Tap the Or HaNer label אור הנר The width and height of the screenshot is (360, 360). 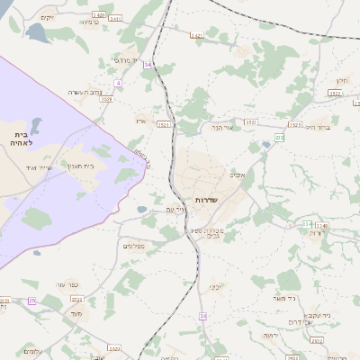coord(221,128)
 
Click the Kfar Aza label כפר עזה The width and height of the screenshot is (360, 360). coord(67,284)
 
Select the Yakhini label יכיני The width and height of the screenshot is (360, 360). coord(217,287)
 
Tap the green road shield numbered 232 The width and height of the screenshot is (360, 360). coord(279,137)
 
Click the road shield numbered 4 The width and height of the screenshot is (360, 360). coord(118,84)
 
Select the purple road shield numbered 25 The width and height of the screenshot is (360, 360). coord(31,301)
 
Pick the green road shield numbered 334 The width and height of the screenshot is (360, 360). coord(308,223)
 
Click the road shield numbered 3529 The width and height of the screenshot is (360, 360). coord(106,99)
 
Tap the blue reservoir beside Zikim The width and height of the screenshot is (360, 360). coord(38,33)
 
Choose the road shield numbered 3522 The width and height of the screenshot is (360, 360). coord(250,121)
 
